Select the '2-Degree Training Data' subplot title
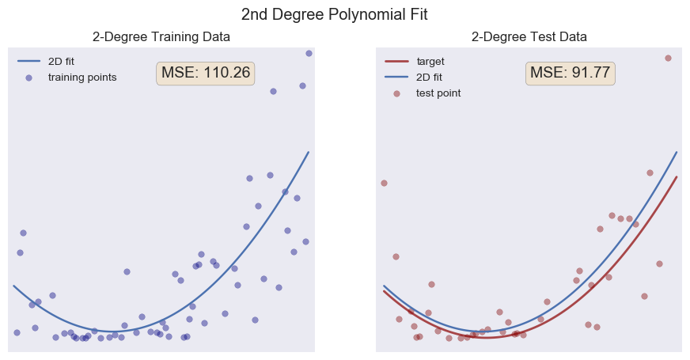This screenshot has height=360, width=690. click(x=161, y=36)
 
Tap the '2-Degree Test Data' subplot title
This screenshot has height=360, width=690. click(x=529, y=36)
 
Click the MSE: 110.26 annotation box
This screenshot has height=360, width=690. click(x=206, y=73)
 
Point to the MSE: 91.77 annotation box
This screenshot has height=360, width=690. click(x=570, y=73)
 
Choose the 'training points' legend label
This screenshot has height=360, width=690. click(x=82, y=77)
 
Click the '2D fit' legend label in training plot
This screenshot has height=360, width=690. click(x=62, y=61)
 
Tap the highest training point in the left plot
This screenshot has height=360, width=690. click(x=309, y=53)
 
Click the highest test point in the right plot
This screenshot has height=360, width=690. click(x=668, y=58)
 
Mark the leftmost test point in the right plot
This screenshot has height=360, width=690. click(x=384, y=183)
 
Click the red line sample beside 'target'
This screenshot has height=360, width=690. click(x=396, y=61)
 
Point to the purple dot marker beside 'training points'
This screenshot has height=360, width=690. click(x=29, y=77)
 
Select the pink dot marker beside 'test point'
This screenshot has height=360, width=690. click(x=397, y=93)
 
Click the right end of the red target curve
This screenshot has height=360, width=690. click(x=677, y=176)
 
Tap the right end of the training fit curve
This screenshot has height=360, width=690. click(x=309, y=152)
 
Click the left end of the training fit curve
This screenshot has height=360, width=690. click(x=13, y=286)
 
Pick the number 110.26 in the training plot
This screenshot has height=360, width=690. click(x=226, y=73)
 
